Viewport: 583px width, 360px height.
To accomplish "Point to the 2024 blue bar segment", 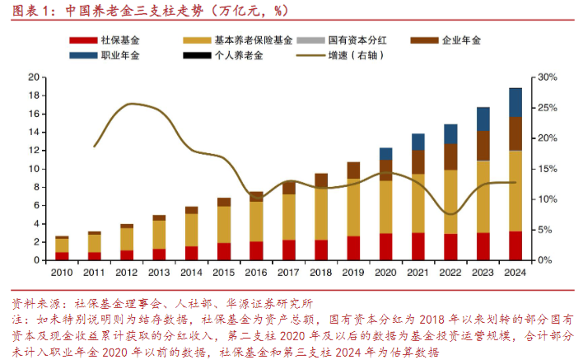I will (515, 102).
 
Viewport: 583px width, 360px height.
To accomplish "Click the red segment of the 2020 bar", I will (386, 246).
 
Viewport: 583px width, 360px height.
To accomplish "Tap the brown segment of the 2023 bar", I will (483, 145).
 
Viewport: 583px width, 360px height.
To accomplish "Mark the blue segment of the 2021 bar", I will (418, 142).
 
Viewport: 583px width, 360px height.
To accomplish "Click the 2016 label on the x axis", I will (256, 273).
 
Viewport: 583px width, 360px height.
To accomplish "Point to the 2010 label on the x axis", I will (61, 273).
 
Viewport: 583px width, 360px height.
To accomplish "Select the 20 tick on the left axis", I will (35, 77).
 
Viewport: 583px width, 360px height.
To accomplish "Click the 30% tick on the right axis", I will (547, 77).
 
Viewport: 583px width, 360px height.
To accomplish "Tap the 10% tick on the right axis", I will (547, 199).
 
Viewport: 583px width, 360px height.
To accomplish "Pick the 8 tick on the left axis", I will (38, 187).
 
